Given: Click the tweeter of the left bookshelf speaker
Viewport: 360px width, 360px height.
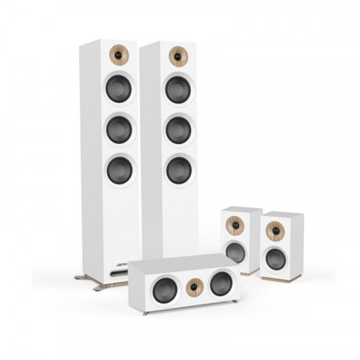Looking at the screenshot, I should pyautogui.click(x=237, y=225).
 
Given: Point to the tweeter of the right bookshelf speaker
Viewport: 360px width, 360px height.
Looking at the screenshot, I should pyautogui.click(x=274, y=232).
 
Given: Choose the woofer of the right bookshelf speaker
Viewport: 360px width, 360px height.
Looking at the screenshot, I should pyautogui.click(x=274, y=258).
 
